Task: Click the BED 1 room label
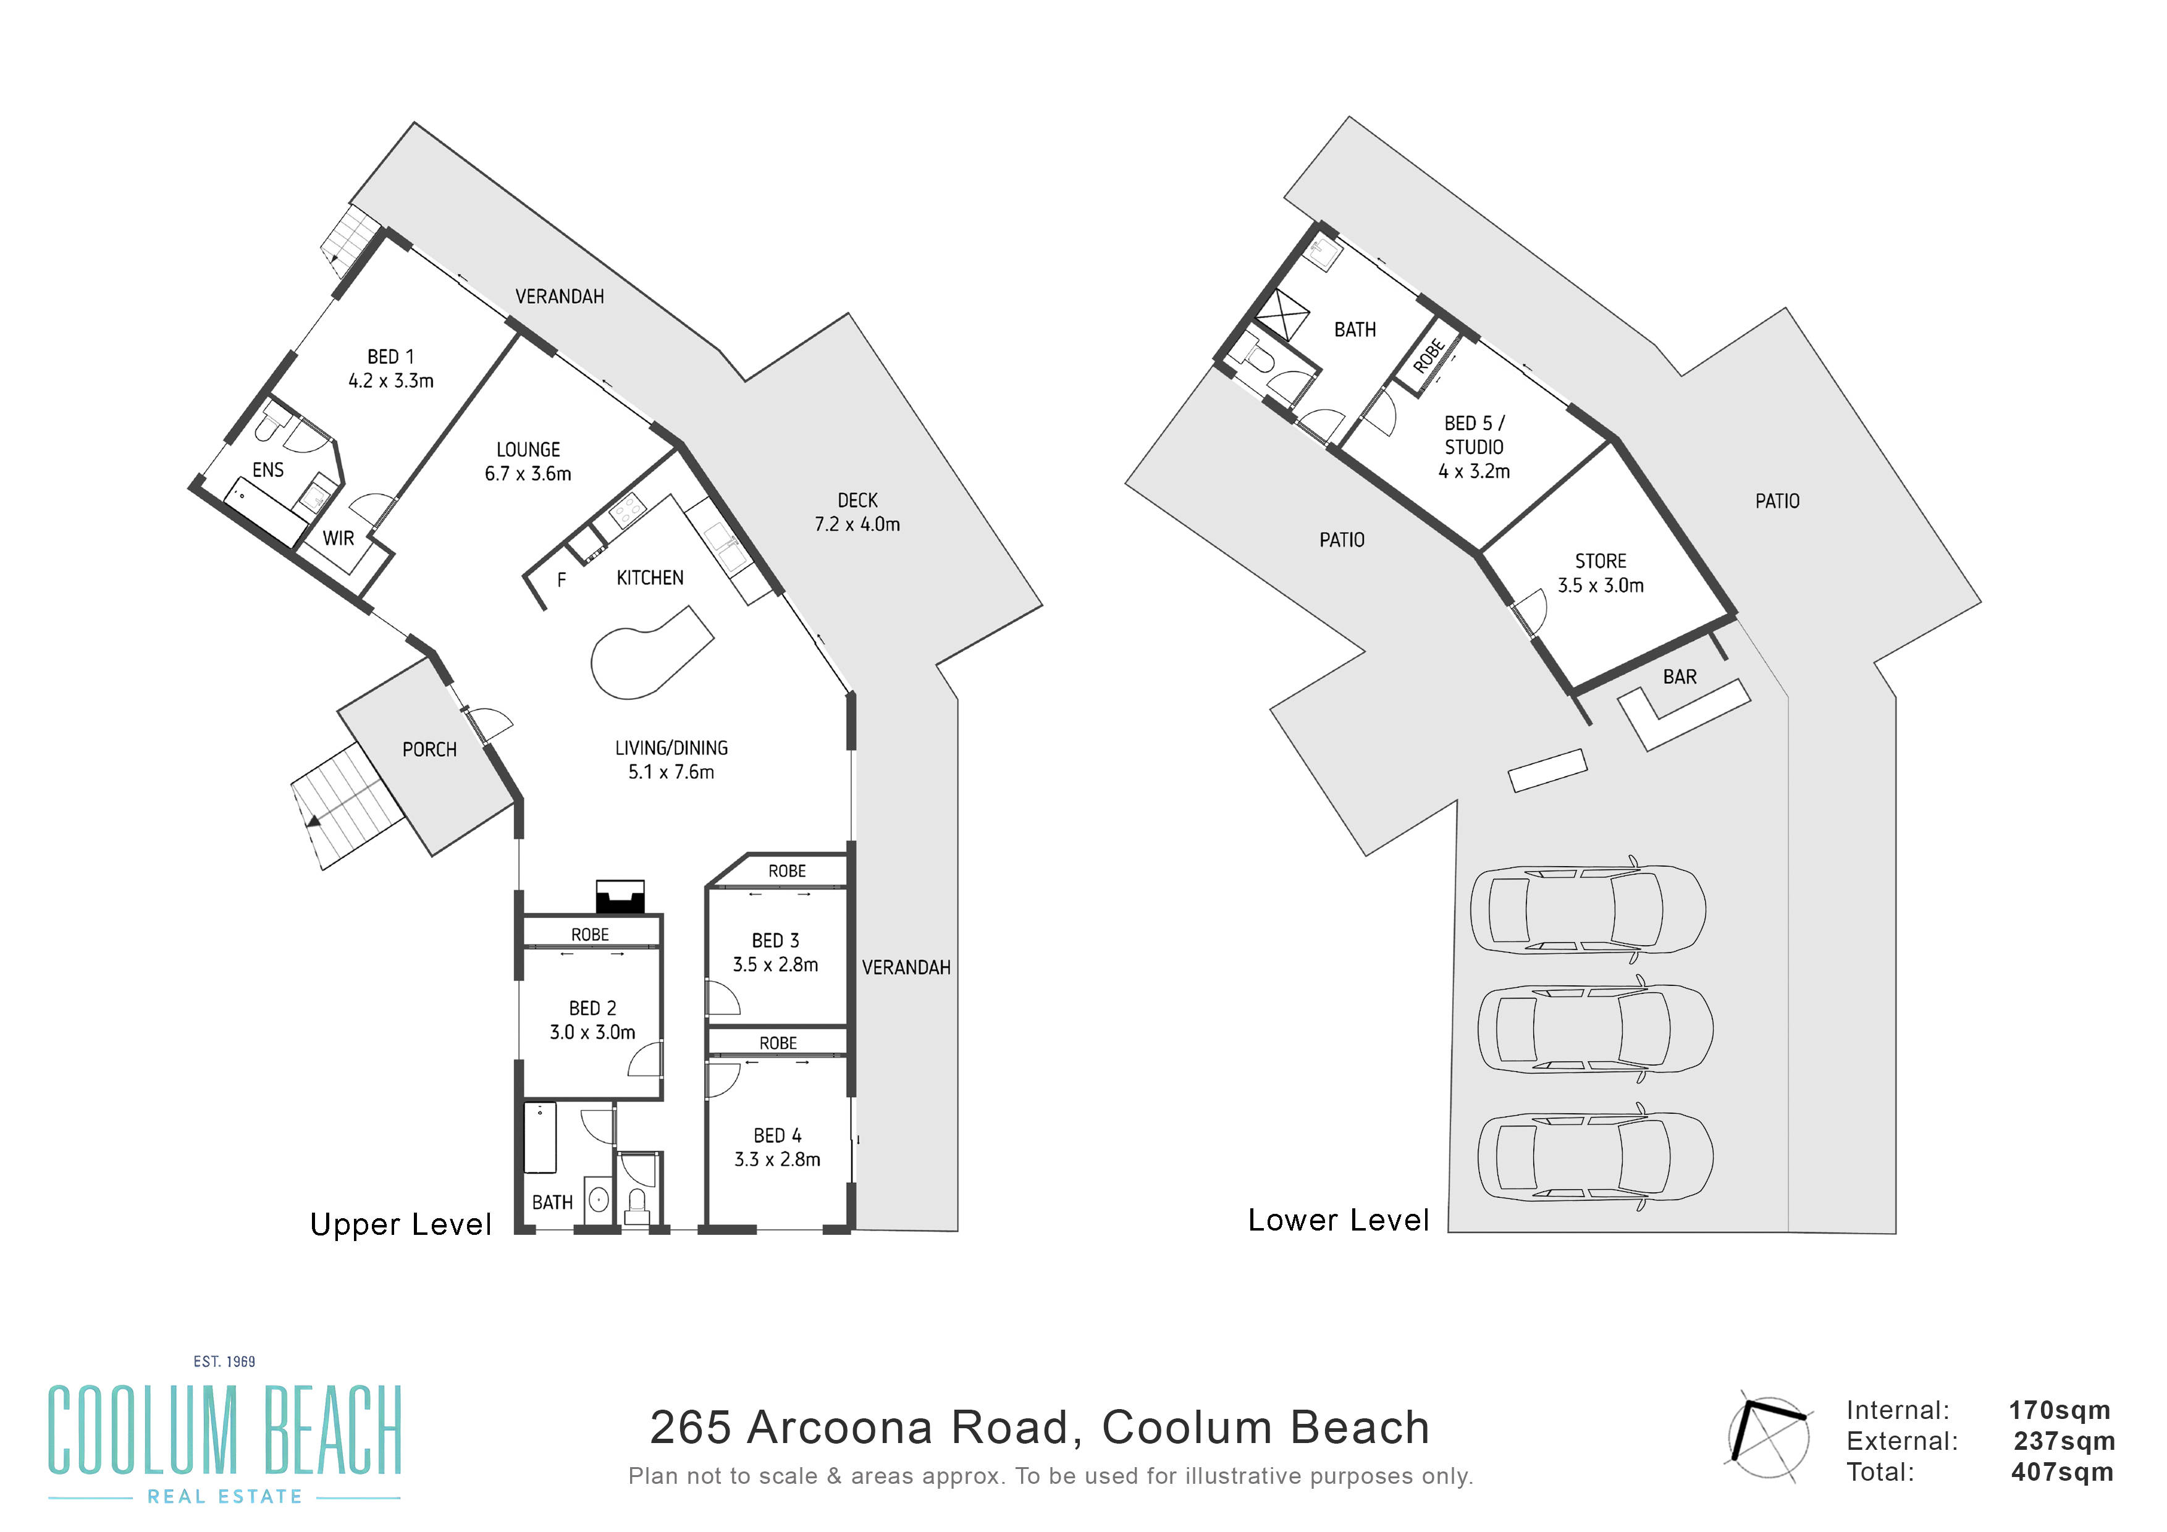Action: coord(391,369)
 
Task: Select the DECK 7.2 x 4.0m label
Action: coord(857,511)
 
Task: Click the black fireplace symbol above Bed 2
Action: coord(620,897)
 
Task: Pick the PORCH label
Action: coord(429,749)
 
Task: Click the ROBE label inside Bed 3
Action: coord(787,871)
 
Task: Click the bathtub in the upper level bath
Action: coord(540,1137)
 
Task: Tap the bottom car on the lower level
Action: coord(1595,1157)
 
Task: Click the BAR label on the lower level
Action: coord(1680,677)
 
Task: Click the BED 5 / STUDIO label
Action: coord(1475,447)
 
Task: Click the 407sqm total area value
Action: coord(2062,1471)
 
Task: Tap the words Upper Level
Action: coord(401,1224)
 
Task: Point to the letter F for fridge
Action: coord(562,579)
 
